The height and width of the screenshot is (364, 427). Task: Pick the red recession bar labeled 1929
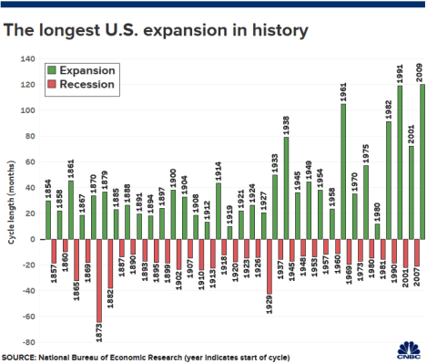coord(269,266)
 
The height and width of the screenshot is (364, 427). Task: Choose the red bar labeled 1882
coord(110,264)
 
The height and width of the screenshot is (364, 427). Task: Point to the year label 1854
coord(48,186)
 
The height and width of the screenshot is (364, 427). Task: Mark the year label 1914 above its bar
coord(219,169)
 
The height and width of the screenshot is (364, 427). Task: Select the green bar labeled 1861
coord(71,210)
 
